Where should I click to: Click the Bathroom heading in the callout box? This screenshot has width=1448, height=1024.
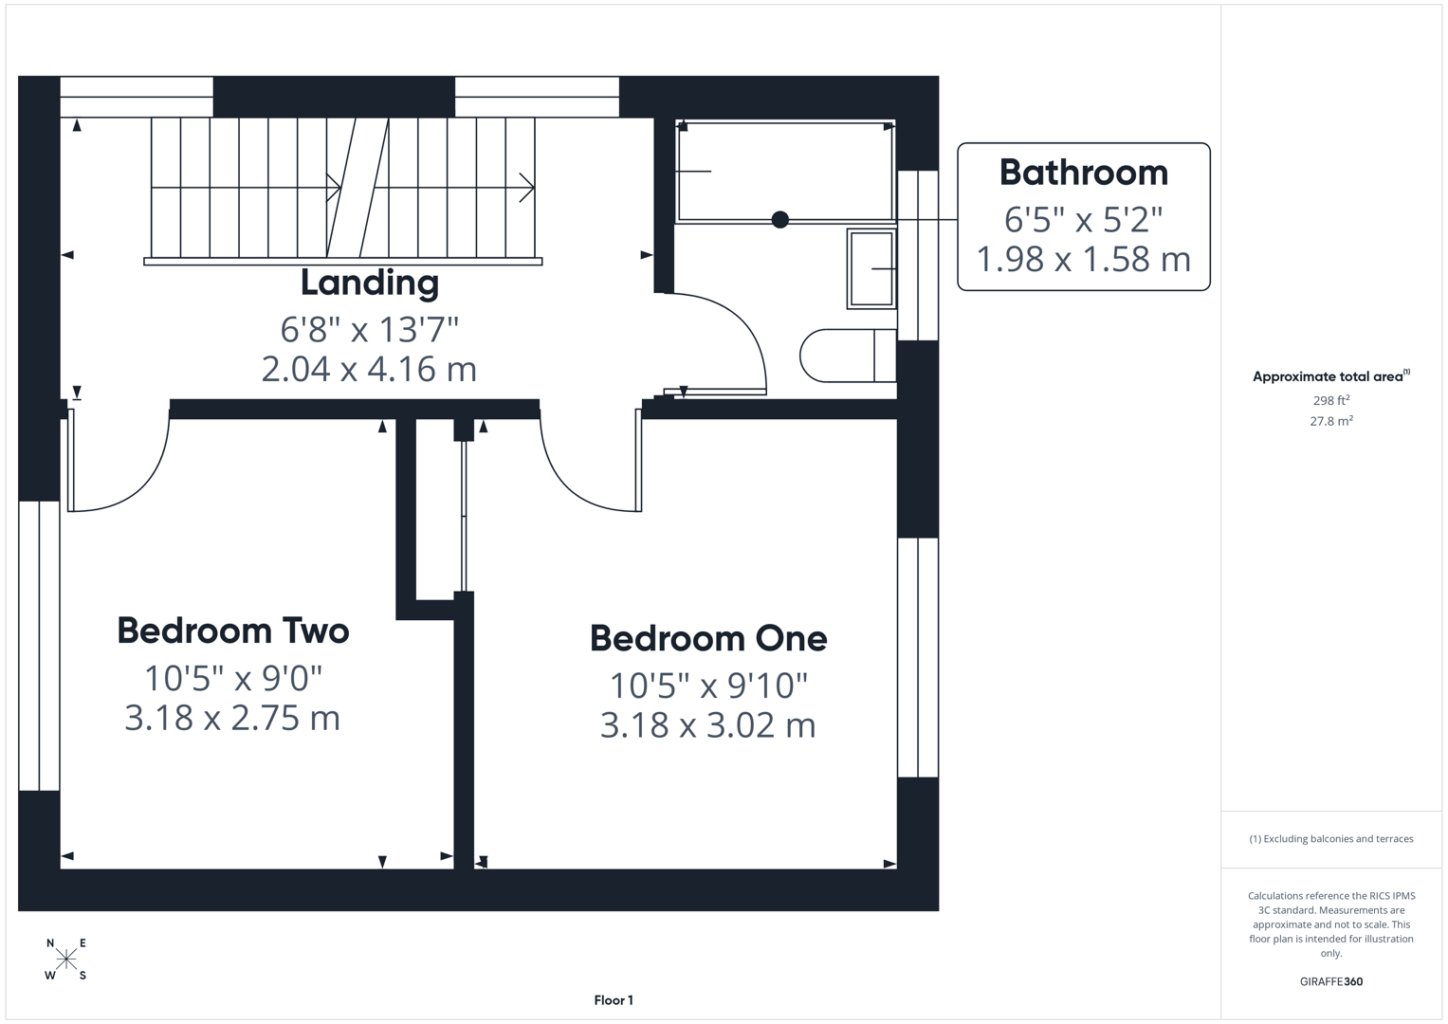point(1083,173)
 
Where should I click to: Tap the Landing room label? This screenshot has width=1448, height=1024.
point(369,283)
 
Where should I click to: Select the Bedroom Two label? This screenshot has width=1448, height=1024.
point(232,631)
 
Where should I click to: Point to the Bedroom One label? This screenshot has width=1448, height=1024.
point(708,638)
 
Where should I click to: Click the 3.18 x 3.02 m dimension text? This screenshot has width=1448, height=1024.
point(707,725)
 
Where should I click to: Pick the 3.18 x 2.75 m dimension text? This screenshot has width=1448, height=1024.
point(232,718)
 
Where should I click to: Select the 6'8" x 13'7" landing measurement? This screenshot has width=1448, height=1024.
point(369,330)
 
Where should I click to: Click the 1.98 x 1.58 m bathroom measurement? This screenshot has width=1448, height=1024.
point(1083,259)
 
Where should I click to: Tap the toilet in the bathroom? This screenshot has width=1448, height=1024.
point(844,356)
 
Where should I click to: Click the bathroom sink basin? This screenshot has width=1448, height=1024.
point(871,268)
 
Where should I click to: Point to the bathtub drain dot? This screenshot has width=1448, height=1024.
point(780,220)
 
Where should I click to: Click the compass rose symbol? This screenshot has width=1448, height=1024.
point(66,959)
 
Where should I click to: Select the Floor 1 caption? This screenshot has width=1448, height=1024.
point(614,1000)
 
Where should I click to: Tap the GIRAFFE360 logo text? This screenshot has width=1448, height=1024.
point(1330,981)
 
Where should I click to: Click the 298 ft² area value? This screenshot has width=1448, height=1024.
point(1330,401)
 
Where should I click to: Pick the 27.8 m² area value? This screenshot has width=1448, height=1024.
point(1330,421)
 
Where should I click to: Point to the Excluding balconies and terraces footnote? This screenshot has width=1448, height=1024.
point(1330,839)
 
